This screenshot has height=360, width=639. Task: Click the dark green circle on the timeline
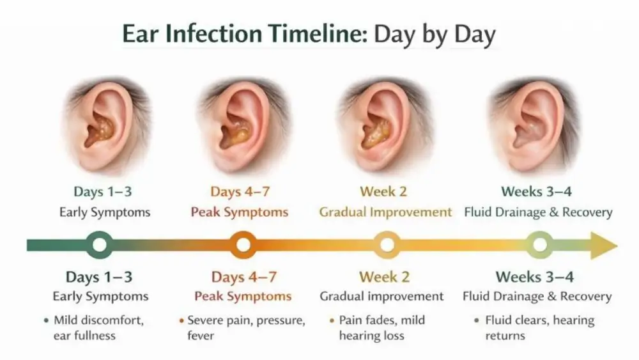tap(99, 245)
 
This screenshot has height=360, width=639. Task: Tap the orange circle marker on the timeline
tap(243, 245)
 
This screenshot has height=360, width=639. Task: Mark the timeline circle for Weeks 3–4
tap(540, 245)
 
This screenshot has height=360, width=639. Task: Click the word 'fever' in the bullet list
tap(201, 335)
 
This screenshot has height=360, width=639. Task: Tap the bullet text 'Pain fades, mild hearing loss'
tap(381, 327)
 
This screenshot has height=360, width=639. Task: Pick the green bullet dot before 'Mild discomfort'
tap(46, 320)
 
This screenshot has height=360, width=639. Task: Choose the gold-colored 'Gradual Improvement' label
tap(385, 212)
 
